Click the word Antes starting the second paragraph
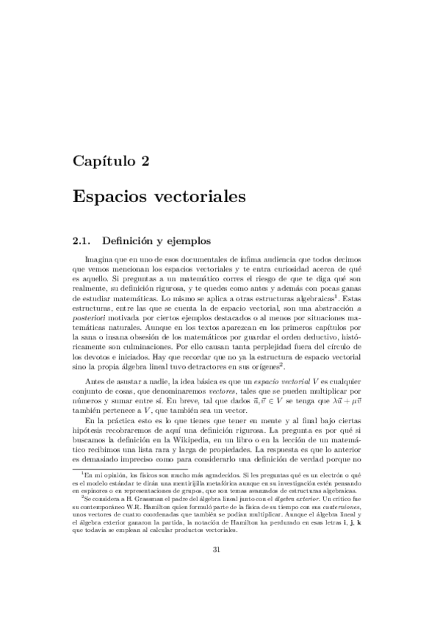(x=97, y=383)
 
